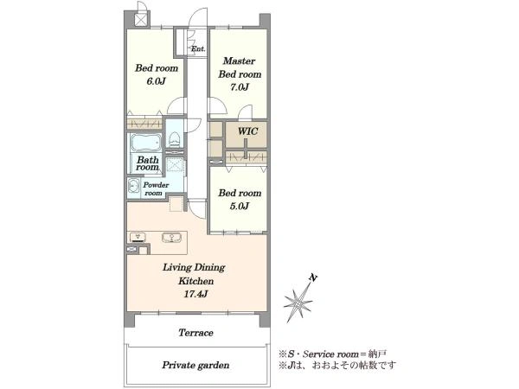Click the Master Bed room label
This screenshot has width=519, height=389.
(240, 67)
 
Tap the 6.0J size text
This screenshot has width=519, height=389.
(156, 81)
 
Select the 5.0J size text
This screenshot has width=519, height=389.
(240, 206)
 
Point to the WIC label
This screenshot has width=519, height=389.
(247, 131)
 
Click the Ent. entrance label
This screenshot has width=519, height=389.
(198, 48)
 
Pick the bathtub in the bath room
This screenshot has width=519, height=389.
(145, 143)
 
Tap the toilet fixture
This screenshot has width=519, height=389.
(174, 139)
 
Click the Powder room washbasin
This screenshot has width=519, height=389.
(133, 186)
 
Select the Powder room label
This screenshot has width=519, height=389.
(156, 188)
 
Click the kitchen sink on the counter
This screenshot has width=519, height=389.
(171, 238)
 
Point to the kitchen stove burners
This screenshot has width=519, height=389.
(138, 237)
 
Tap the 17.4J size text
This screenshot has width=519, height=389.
(195, 294)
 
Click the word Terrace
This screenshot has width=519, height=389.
(195, 333)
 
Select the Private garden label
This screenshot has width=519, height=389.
(195, 365)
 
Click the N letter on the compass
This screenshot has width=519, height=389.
(312, 277)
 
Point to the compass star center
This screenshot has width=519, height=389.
(298, 303)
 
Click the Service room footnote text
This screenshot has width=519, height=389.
(332, 354)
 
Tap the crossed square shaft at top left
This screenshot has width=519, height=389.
(140, 19)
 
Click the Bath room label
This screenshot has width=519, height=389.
(147, 163)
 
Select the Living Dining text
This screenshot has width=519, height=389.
(194, 267)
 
